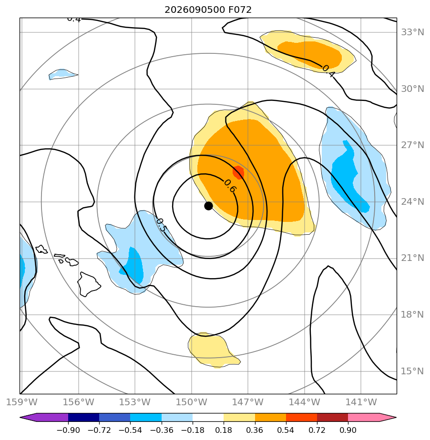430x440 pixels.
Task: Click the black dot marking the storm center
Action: tap(208, 206)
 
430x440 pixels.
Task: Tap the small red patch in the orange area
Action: tap(238, 172)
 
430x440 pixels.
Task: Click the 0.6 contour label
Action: tap(230, 186)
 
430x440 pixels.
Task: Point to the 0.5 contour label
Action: tap(161, 225)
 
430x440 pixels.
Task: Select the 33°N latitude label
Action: tap(412, 32)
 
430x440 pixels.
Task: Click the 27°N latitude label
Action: tap(412, 145)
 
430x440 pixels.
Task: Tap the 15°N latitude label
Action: tap(412, 371)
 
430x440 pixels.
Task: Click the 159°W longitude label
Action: tap(21, 402)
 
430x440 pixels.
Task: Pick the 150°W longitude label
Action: tap(192, 402)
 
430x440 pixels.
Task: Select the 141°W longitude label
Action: tap(361, 402)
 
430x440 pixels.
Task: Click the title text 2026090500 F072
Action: tap(208, 10)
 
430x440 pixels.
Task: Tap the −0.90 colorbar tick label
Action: tap(68, 430)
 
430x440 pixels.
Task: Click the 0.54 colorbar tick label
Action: tap(286, 430)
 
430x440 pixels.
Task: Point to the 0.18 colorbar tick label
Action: tap(224, 430)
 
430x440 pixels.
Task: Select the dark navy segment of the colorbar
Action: tap(84, 417)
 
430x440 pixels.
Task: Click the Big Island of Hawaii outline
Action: tap(89, 284)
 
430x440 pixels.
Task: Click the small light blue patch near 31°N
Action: tap(62, 74)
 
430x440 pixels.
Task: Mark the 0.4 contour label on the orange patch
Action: tap(328, 71)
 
